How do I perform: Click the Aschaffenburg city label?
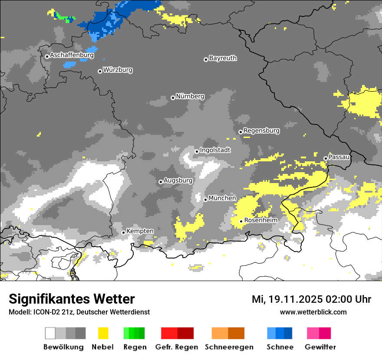72,56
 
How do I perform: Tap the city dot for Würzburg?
100,71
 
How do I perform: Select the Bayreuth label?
223,58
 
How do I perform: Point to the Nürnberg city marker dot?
173,98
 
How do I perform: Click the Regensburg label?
261,131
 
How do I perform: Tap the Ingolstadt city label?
215,150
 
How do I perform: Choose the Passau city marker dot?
326,158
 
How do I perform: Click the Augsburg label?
178,180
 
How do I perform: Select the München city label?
222,198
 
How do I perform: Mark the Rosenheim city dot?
241,221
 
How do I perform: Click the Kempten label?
140,232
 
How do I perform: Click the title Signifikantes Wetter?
72,299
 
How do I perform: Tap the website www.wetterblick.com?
313,312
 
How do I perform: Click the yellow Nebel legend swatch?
103,333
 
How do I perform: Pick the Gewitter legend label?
320,347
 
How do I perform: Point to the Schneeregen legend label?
229,347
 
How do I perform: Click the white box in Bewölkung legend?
50,333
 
